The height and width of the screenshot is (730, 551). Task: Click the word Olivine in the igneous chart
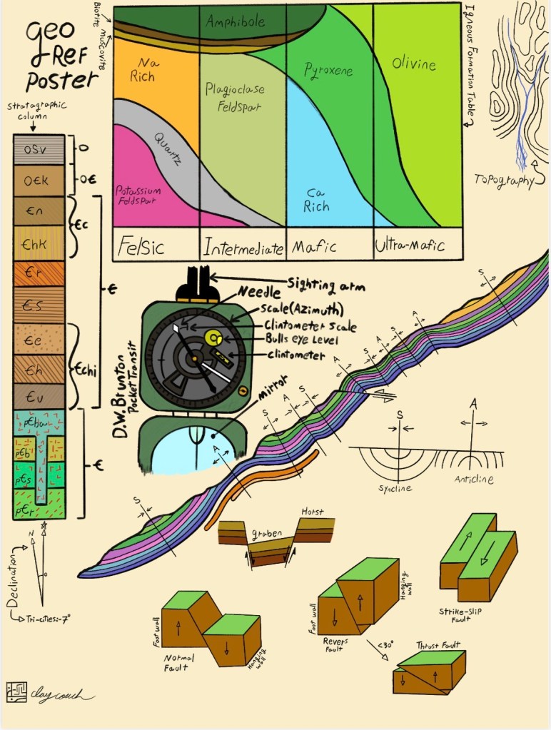click(413, 64)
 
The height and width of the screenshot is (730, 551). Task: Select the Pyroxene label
click(328, 70)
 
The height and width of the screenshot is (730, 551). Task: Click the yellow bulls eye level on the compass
click(212, 336)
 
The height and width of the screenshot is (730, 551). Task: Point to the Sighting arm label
click(326, 285)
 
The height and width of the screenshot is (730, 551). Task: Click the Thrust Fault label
click(438, 645)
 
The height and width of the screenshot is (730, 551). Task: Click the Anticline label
click(474, 480)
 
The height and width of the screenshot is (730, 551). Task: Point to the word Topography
click(504, 181)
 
